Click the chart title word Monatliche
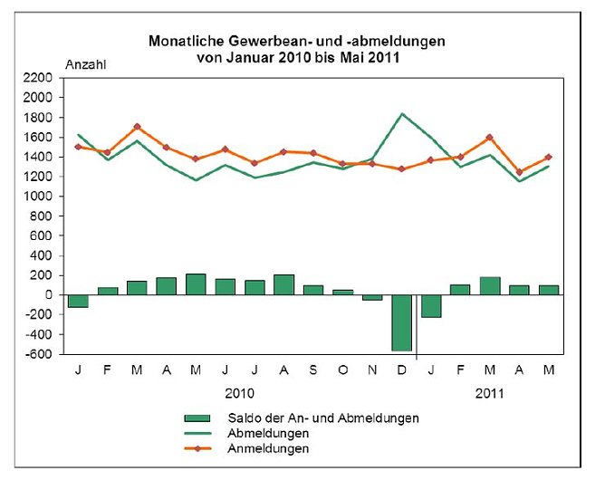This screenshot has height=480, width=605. (x=182, y=42)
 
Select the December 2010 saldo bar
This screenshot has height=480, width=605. (x=402, y=322)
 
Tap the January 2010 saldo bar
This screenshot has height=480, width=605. (x=78, y=302)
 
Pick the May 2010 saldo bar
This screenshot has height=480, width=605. (x=196, y=284)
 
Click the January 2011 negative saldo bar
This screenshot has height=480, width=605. (x=431, y=306)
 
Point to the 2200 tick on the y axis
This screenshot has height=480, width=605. (x=46, y=79)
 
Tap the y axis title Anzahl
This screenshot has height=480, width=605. (x=84, y=63)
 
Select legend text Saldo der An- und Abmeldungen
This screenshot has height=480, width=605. (x=313, y=418)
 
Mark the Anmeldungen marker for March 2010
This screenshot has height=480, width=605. (x=137, y=127)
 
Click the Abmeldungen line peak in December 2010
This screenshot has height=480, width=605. (x=402, y=114)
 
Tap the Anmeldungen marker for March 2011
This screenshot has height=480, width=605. (x=490, y=138)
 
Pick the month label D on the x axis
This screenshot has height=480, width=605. (x=402, y=370)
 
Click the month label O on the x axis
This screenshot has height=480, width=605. (x=343, y=370)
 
